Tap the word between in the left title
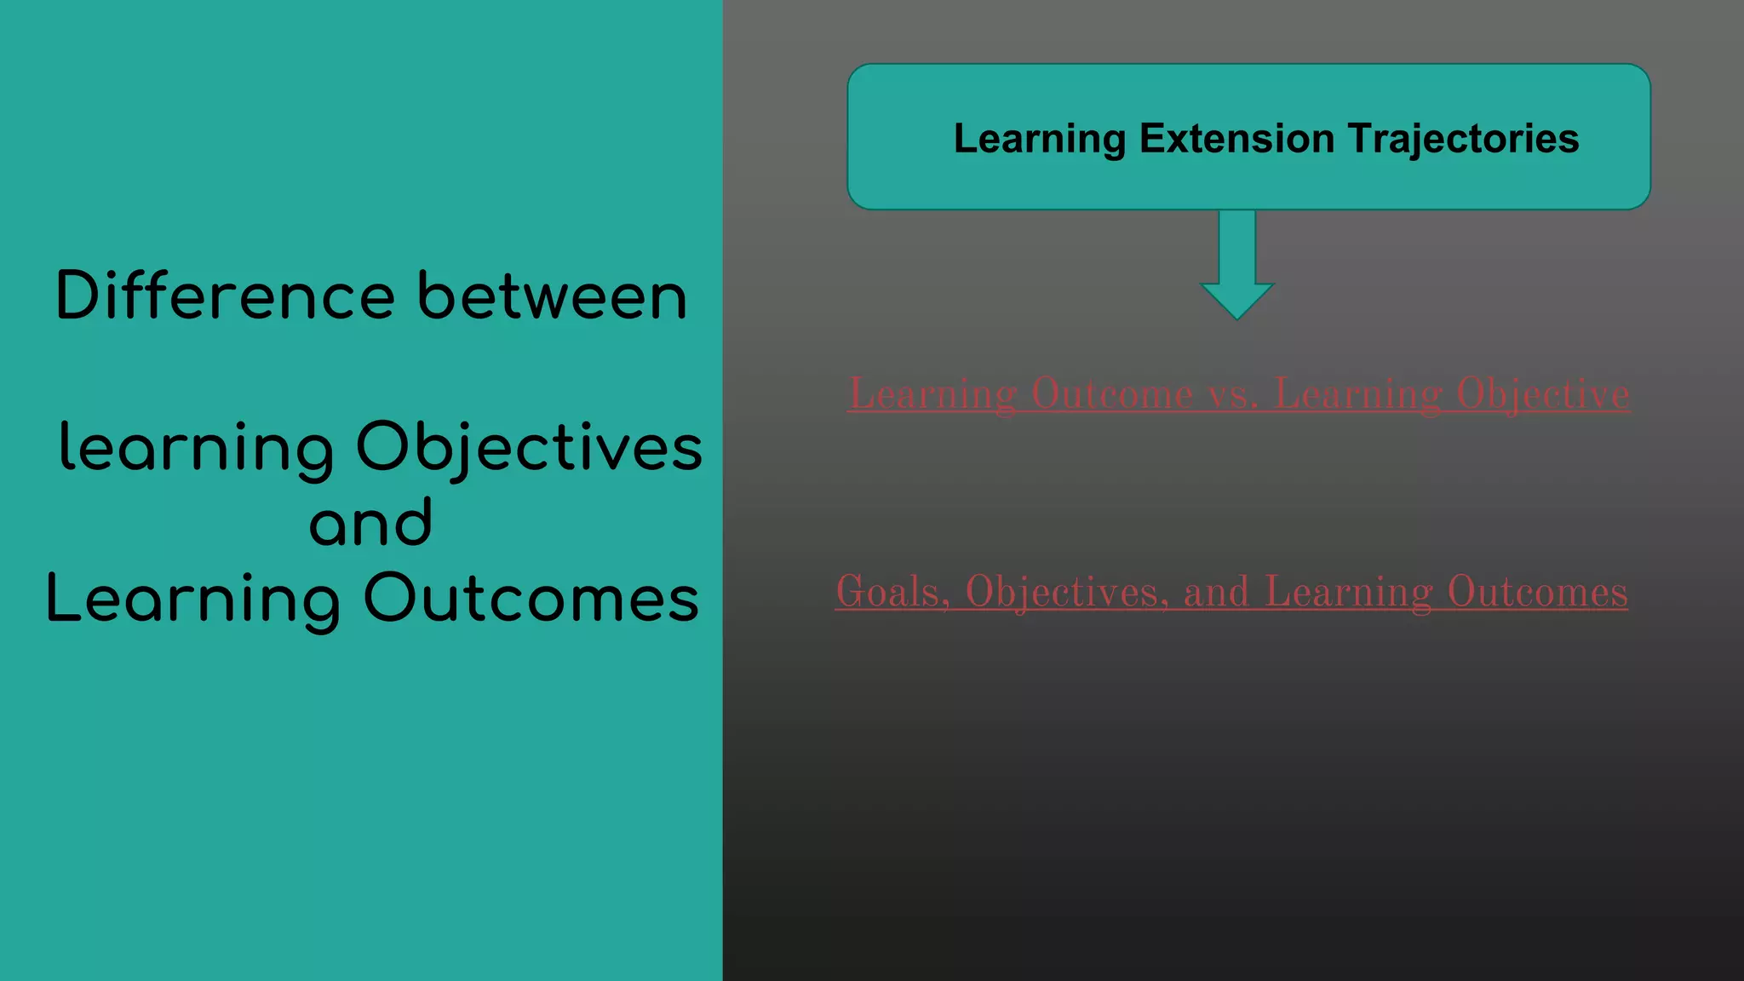(552, 295)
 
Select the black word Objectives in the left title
(529, 448)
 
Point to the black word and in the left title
(370, 522)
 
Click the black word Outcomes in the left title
(531, 598)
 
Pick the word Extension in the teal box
(1237, 139)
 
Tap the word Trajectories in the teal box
(1464, 139)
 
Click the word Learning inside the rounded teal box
(1040, 139)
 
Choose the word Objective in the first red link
(1543, 393)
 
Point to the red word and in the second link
(1216, 592)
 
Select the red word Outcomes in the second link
(1537, 592)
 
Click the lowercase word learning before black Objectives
(197, 448)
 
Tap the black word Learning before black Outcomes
(193, 598)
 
